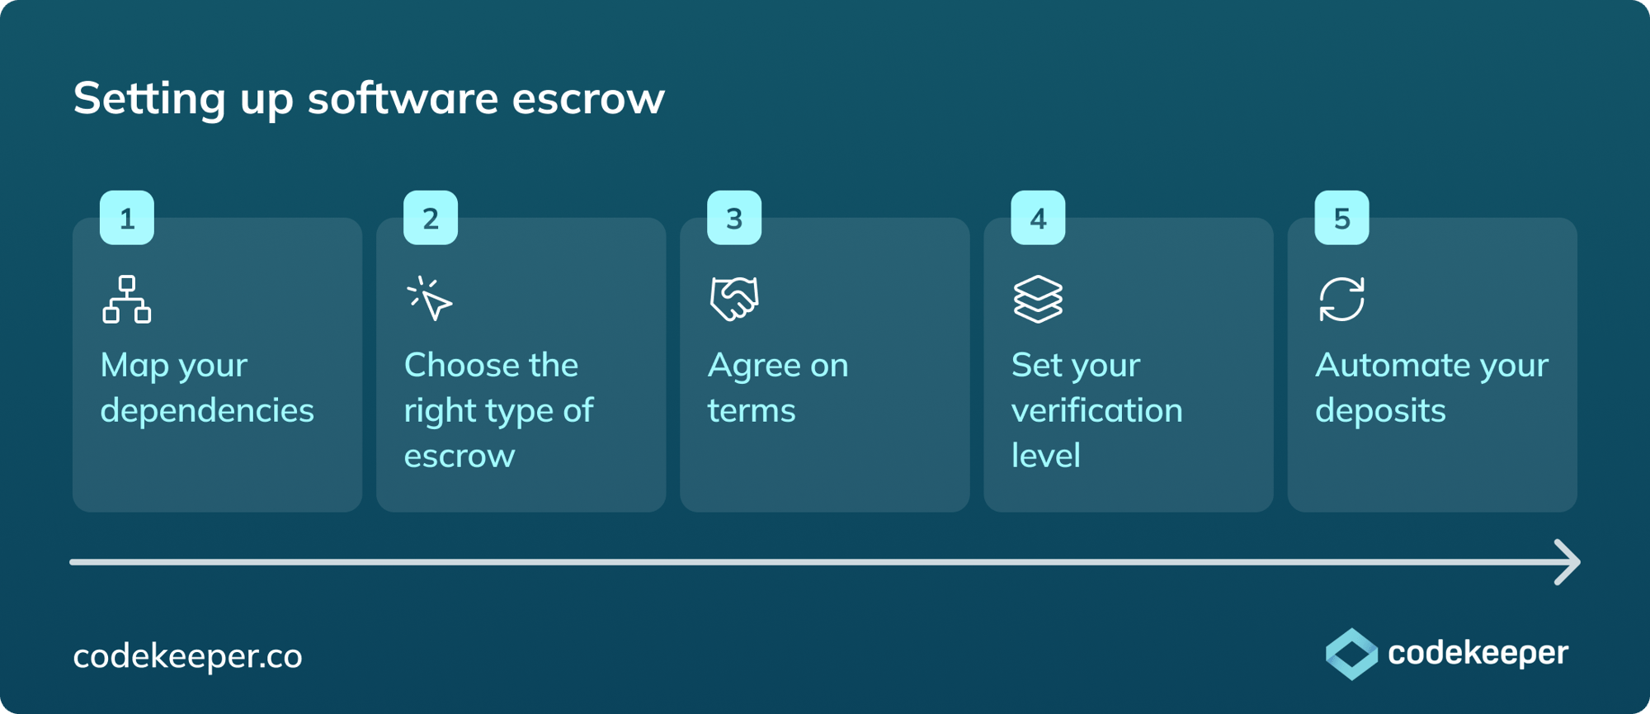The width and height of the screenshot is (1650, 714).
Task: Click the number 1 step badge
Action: point(127,218)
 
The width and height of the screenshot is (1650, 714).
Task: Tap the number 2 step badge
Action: point(431,218)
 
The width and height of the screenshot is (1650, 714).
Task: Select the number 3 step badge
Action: point(734,218)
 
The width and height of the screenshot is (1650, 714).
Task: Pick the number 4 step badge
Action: point(1038,218)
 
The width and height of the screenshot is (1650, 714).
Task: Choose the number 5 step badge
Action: point(1341,218)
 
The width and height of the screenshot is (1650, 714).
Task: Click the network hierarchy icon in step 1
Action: point(127,299)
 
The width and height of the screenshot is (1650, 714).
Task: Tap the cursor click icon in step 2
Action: point(430,299)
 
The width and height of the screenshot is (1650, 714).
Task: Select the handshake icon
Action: point(734,299)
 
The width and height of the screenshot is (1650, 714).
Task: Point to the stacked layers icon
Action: point(1038,299)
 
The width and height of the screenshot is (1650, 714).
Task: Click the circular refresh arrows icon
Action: point(1341,299)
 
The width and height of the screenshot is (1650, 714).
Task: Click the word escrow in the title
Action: point(588,99)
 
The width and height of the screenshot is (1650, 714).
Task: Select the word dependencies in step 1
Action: point(207,411)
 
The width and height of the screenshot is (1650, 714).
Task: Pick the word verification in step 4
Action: point(1097,411)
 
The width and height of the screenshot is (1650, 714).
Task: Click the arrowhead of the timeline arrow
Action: point(1569,562)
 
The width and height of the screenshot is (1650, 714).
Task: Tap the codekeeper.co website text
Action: point(188,656)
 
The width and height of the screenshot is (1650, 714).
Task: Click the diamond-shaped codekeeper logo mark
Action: point(1351,654)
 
